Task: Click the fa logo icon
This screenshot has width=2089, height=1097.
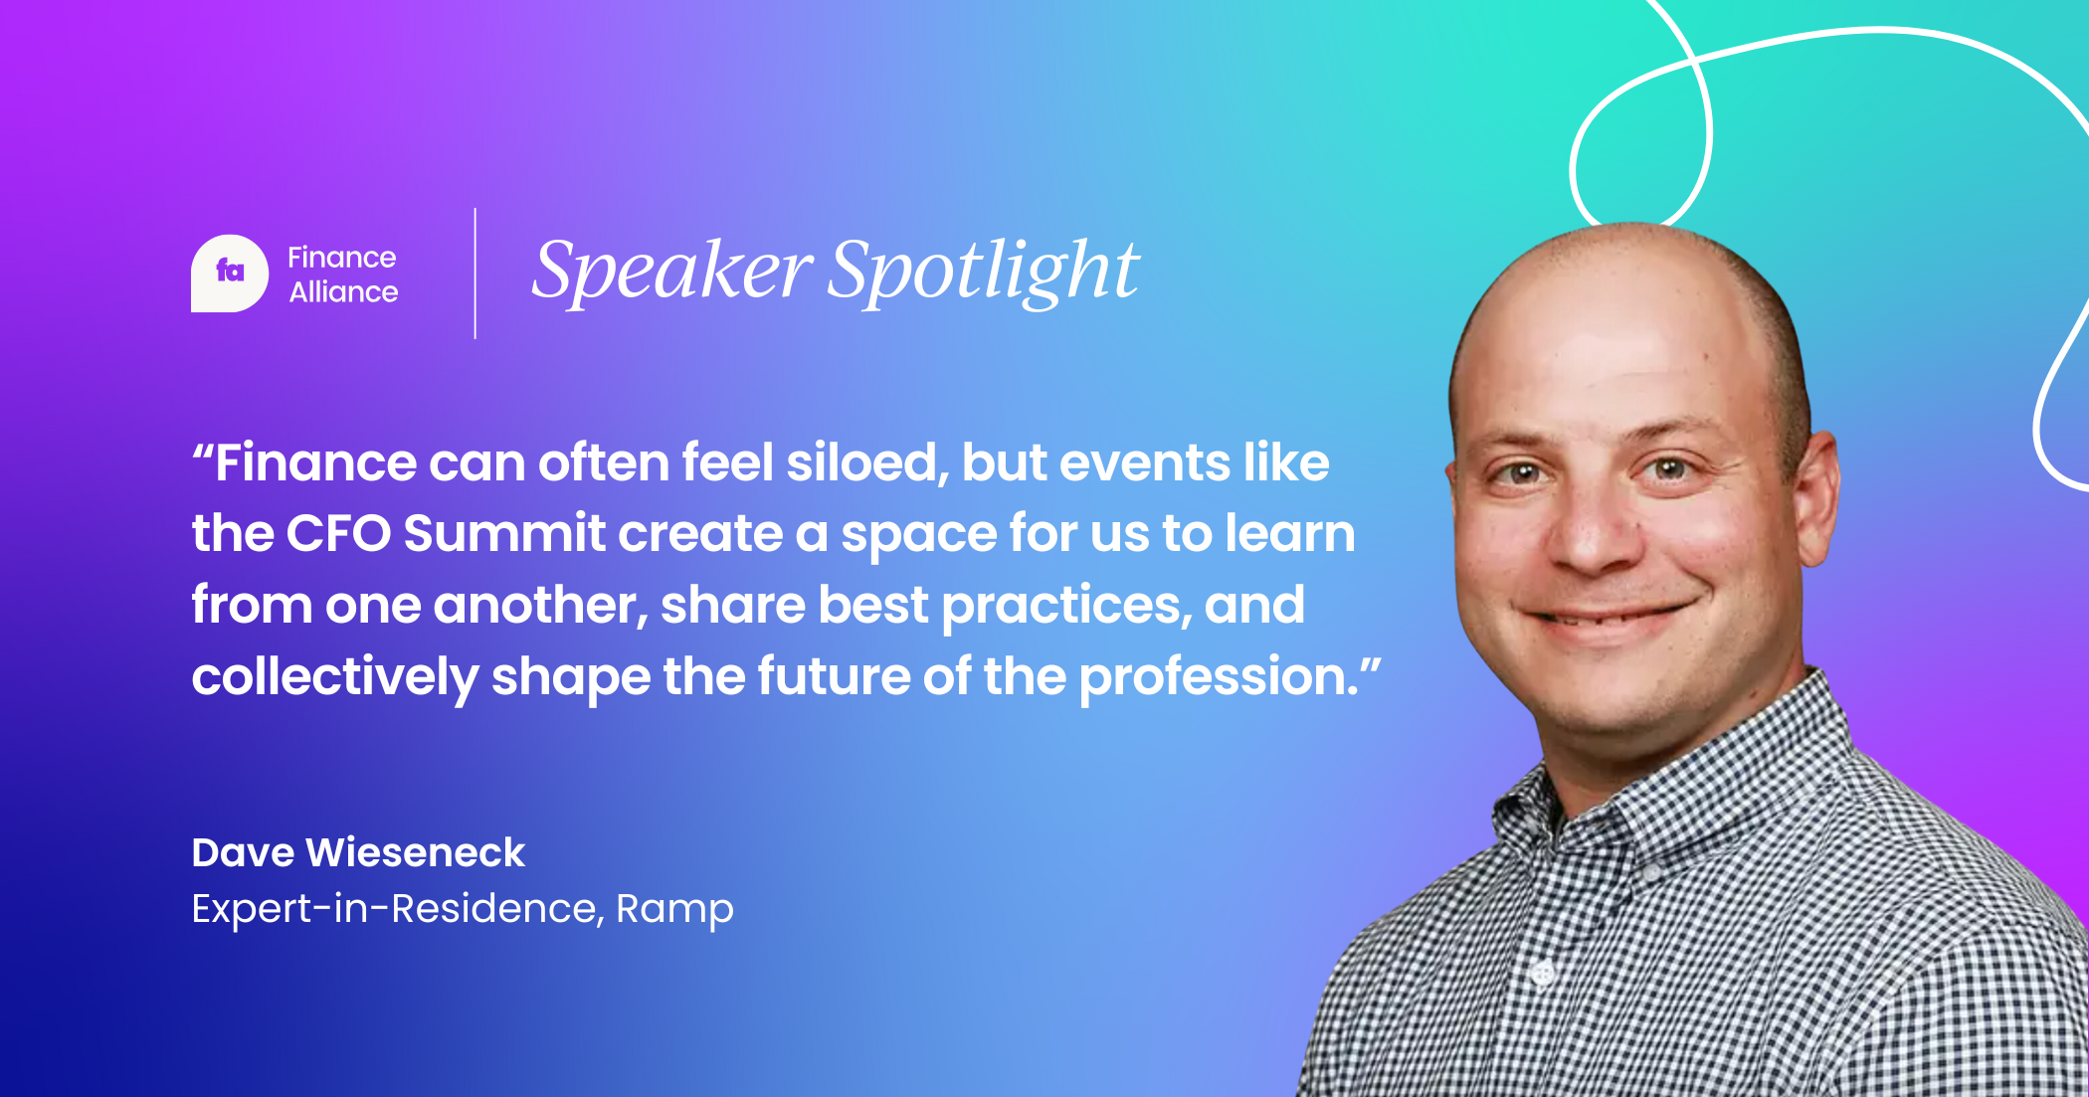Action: [230, 274]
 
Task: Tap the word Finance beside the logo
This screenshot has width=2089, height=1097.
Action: [341, 258]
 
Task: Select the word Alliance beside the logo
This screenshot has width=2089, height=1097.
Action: [343, 291]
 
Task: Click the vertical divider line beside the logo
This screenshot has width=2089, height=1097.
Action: [475, 274]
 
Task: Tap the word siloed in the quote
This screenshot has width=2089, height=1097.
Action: [864, 463]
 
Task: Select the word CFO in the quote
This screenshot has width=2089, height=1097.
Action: [338, 534]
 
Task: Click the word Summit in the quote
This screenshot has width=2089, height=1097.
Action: [504, 534]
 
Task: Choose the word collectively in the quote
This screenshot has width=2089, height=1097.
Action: [334, 678]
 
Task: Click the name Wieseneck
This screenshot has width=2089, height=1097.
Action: [415, 852]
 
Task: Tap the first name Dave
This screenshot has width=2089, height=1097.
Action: [243, 852]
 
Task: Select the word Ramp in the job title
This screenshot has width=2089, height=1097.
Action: [674, 909]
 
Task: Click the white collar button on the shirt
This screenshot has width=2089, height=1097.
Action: [1543, 972]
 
